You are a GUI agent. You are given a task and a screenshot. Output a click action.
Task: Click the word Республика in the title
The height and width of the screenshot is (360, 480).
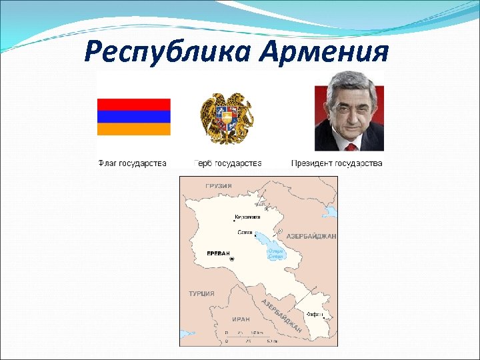[x=168, y=51]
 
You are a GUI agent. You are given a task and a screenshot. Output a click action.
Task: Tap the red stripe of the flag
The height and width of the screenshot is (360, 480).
[x=134, y=104]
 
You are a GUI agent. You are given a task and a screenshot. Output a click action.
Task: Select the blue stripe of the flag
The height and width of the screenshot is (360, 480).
[x=134, y=117]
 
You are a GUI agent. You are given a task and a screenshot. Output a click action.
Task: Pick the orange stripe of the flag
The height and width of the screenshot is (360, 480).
[x=134, y=129]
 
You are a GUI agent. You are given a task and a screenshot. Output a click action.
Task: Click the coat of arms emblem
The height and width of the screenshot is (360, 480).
[x=227, y=119]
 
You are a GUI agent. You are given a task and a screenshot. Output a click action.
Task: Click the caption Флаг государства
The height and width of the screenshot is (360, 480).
[x=132, y=163]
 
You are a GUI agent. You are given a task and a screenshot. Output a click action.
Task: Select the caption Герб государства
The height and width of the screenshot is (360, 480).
[x=227, y=163]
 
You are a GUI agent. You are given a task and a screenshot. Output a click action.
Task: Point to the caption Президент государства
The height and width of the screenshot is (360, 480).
[x=337, y=163]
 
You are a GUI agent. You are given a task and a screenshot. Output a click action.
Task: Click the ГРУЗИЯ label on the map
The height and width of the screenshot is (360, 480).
[x=219, y=186]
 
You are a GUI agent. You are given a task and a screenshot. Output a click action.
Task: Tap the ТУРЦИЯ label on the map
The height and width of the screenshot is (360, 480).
[x=201, y=293]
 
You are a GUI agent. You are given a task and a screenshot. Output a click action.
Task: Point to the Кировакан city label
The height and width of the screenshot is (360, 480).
[x=247, y=217]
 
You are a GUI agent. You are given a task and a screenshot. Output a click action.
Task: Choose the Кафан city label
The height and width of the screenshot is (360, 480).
[x=314, y=314]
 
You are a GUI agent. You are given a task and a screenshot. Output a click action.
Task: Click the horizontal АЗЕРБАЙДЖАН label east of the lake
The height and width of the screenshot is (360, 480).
[x=311, y=237]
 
